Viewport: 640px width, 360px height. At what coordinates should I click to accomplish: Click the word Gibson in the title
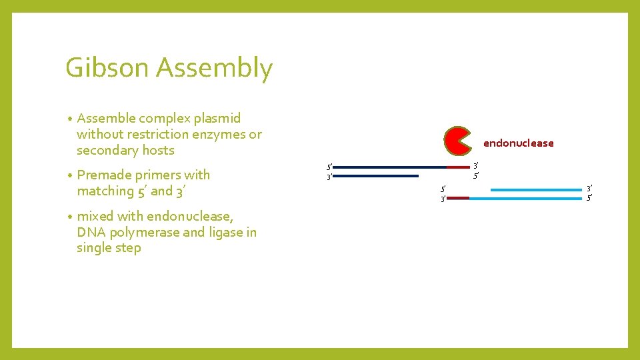pos(107,69)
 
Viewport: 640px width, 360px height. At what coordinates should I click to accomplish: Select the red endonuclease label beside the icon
pos(518,143)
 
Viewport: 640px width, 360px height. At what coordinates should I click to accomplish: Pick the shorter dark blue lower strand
pos(375,176)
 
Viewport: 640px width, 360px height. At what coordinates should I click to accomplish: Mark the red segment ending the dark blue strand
pos(458,167)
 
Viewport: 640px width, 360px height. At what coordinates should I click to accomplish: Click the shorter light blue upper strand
pos(536,190)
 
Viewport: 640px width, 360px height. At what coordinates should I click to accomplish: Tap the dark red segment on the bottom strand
pos(458,198)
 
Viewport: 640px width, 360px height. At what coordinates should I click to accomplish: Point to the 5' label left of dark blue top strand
pos(328,167)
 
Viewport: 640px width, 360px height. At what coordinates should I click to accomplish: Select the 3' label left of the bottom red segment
pos(442,199)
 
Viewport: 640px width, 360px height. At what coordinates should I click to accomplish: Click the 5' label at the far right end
pos(589,198)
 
